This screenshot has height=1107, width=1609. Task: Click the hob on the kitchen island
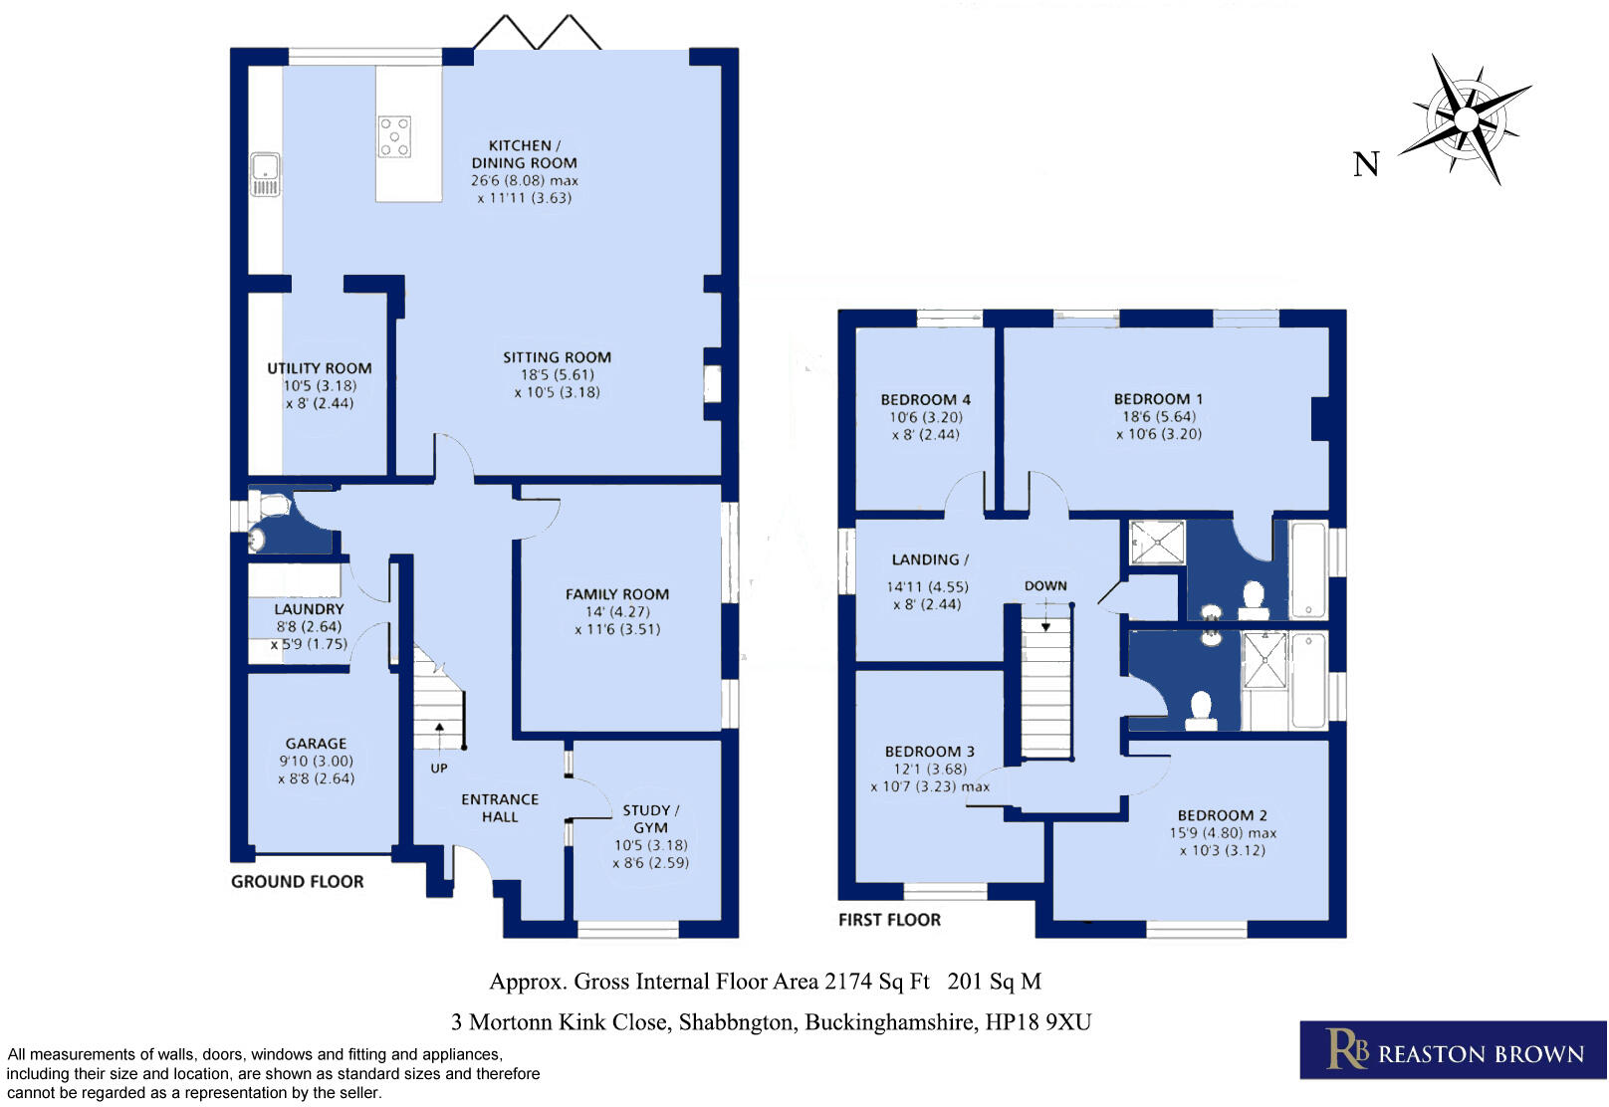pyautogui.click(x=394, y=136)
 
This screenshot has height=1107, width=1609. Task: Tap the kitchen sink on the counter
pyautogui.click(x=265, y=174)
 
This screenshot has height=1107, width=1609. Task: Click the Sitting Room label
pyautogui.click(x=557, y=357)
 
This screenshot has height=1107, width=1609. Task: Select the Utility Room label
pyautogui.click(x=320, y=368)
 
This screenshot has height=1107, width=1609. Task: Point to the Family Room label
pyautogui.click(x=617, y=594)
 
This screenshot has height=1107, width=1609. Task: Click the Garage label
pyautogui.click(x=316, y=744)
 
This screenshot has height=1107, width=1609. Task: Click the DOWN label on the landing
pyautogui.click(x=1045, y=585)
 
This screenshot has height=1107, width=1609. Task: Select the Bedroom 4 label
pyautogui.click(x=925, y=399)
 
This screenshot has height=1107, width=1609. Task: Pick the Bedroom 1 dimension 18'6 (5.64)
pyautogui.click(x=1159, y=417)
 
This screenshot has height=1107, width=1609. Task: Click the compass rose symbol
pyautogui.click(x=1466, y=118)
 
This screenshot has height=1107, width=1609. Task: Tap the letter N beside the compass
pyautogui.click(x=1366, y=164)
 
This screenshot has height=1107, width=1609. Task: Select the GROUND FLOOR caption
pyautogui.click(x=298, y=881)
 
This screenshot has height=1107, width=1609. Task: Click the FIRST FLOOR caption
pyautogui.click(x=889, y=920)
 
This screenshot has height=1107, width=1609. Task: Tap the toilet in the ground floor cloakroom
pyautogui.click(x=272, y=505)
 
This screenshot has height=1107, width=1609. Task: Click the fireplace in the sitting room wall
pyautogui.click(x=712, y=384)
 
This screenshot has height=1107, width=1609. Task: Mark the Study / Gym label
pyautogui.click(x=650, y=819)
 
